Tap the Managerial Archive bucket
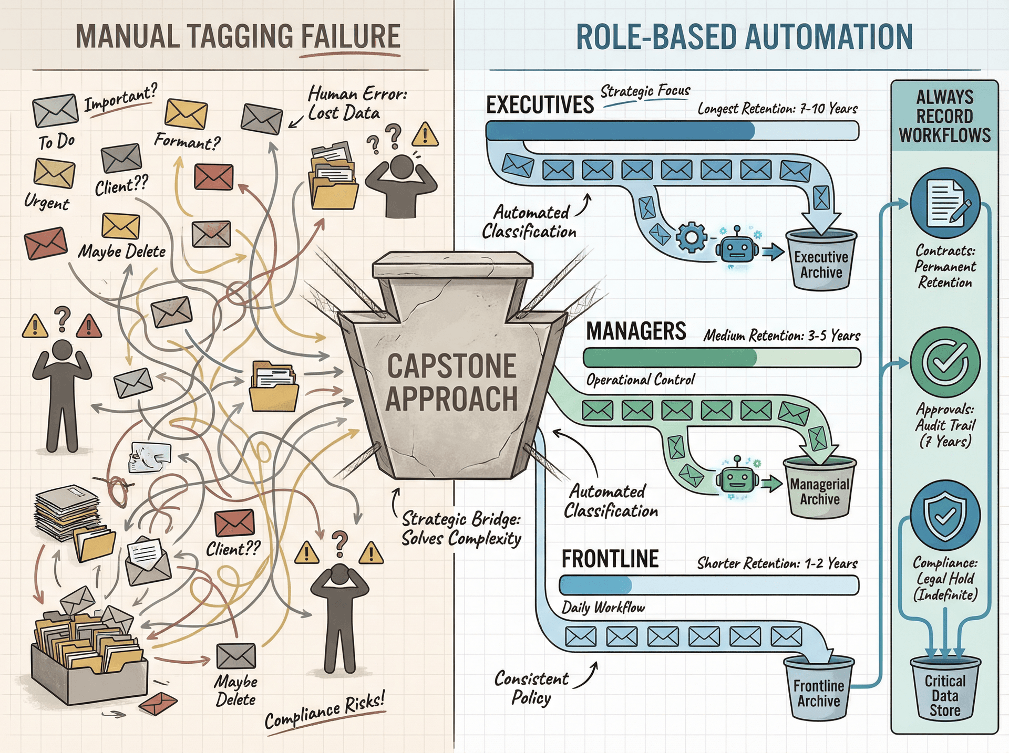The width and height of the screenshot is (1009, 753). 819,488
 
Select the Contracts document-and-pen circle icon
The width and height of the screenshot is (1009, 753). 945,204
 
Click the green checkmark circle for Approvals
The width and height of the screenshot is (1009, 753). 945,362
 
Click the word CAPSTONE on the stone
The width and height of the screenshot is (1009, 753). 451,366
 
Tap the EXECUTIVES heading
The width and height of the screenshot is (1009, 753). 540,104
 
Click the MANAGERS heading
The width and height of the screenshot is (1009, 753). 635,331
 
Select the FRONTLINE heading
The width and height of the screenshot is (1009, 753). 610,559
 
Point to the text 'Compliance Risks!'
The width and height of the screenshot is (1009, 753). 325,710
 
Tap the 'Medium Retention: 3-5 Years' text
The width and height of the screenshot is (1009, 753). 781,335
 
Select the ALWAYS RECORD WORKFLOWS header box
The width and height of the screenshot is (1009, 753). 944,116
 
